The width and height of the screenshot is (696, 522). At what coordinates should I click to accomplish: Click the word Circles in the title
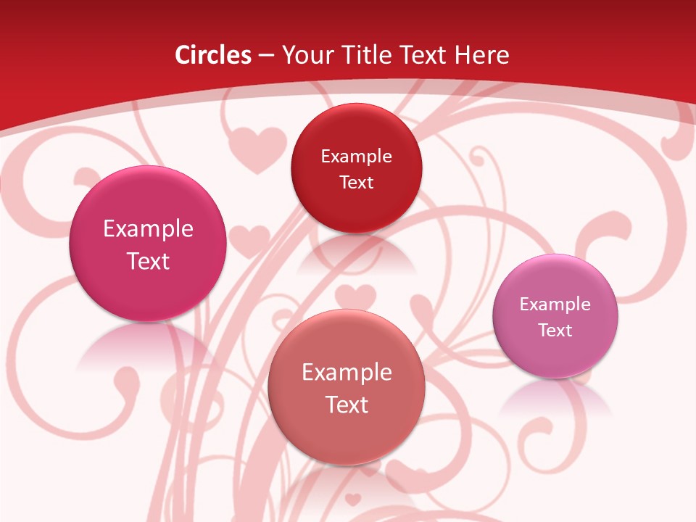pyautogui.click(x=212, y=55)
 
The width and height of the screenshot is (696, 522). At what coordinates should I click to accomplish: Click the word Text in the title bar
pyautogui.click(x=424, y=55)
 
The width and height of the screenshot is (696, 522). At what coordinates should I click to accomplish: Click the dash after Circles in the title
pyautogui.click(x=265, y=56)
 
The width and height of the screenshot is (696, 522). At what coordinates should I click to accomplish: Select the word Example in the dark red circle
pyautogui.click(x=356, y=156)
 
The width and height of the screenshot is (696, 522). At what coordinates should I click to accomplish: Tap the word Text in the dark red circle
pyautogui.click(x=356, y=182)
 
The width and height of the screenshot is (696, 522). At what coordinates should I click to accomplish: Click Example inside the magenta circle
pyautogui.click(x=148, y=228)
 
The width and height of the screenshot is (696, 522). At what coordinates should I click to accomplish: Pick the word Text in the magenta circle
pyautogui.click(x=148, y=261)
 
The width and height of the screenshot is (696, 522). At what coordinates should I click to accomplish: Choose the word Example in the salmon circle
pyautogui.click(x=347, y=372)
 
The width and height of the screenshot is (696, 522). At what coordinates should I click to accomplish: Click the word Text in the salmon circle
pyautogui.click(x=347, y=405)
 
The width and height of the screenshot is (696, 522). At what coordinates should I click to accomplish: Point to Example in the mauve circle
pyautogui.click(x=555, y=304)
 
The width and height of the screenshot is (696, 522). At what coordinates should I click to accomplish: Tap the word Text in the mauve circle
pyautogui.click(x=555, y=331)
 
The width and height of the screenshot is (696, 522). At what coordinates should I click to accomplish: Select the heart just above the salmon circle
pyautogui.click(x=355, y=297)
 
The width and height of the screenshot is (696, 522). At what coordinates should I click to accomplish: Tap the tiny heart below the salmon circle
pyautogui.click(x=352, y=499)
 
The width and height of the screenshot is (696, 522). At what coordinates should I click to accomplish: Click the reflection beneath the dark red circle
pyautogui.click(x=356, y=254)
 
